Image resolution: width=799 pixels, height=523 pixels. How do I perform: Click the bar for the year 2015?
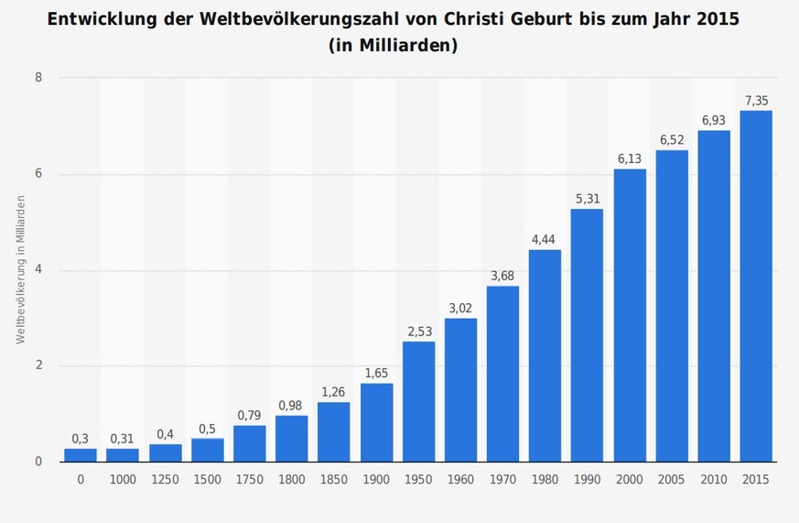[x=756, y=286]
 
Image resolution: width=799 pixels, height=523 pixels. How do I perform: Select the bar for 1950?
[x=418, y=401]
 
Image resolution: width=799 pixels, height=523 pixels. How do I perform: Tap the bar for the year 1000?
[x=123, y=454]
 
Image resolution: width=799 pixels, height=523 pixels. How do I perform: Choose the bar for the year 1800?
[x=291, y=439]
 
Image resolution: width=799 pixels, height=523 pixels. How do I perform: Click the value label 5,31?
[x=587, y=199]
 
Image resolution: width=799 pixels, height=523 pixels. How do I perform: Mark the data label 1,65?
[x=376, y=374]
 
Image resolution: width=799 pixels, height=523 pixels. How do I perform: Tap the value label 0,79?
[x=249, y=416]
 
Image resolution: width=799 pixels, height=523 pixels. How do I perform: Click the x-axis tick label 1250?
[x=165, y=479]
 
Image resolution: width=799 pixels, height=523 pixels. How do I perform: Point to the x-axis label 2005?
[x=672, y=479]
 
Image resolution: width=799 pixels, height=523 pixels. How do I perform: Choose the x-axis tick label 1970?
[x=502, y=479]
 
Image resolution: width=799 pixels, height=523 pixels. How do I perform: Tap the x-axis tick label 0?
[x=81, y=479]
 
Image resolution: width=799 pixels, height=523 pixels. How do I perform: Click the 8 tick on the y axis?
[x=38, y=78]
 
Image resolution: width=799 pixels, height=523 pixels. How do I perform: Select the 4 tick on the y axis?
[x=38, y=270]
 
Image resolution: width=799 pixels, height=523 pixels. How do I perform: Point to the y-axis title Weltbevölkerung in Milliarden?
[x=19, y=270]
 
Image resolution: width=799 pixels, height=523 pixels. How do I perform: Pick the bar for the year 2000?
[x=630, y=315]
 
